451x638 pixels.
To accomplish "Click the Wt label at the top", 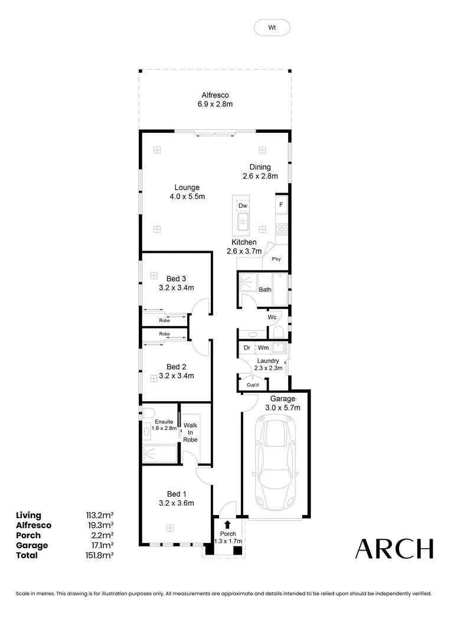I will point(272,27).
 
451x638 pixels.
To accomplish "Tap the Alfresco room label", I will point(215,95).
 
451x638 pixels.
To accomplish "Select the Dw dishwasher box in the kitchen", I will point(242,206).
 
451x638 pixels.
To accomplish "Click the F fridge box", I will point(281,206).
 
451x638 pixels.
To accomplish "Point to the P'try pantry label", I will point(275,259).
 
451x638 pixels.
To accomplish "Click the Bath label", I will point(265,289).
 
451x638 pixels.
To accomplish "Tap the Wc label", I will point(272,317).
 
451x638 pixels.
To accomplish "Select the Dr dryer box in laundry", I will point(247,348).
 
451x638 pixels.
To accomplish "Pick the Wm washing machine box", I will point(263,348).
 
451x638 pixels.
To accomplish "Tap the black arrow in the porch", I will point(227,524).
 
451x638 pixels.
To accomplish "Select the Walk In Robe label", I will point(190,432).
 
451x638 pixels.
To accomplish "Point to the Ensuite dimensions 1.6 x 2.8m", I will point(164,428).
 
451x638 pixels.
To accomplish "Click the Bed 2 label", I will point(176,366).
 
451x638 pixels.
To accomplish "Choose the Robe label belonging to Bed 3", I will point(164,320).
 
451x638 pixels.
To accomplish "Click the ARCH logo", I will point(394,549).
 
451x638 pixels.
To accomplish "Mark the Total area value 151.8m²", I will point(100,555).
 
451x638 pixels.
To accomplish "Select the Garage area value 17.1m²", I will point(100,545).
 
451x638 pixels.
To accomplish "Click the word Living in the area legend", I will point(28,515).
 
